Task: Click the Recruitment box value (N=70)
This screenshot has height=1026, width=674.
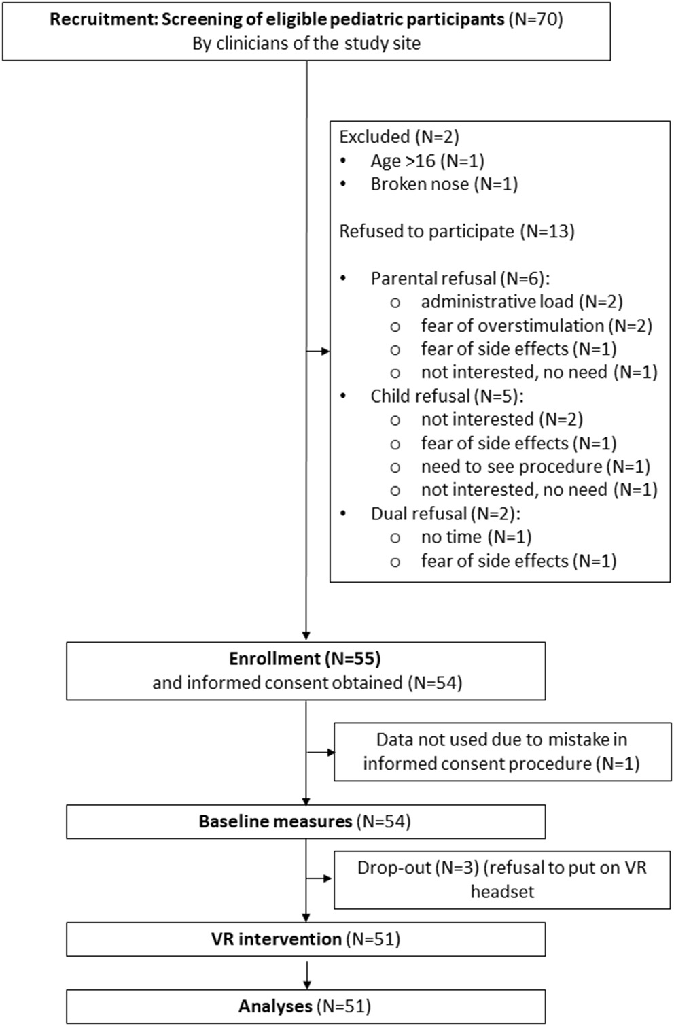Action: [536, 19]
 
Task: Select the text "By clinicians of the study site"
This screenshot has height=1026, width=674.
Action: [306, 44]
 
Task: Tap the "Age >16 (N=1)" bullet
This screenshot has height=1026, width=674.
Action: [427, 160]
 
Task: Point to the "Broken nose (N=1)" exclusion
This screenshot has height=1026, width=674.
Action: [444, 184]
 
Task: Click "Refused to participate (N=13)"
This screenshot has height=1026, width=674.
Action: [457, 231]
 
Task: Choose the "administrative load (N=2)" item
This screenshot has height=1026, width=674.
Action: [521, 301]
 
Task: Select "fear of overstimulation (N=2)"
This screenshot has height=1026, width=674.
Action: [536, 326]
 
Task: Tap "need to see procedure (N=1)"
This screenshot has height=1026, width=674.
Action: [535, 466]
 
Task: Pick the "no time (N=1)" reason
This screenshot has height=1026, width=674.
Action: [476, 537]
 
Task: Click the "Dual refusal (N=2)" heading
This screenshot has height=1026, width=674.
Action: [445, 513]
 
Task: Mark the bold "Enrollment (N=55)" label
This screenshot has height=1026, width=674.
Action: [304, 659]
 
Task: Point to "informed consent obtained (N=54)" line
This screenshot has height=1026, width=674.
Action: [307, 683]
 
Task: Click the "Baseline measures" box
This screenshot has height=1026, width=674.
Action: [305, 821]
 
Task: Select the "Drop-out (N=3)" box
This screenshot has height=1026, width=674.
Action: [501, 878]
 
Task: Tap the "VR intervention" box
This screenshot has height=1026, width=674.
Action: [305, 939]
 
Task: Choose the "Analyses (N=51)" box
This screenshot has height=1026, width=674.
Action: [305, 1006]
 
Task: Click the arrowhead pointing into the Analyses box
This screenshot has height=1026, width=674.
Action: [307, 984]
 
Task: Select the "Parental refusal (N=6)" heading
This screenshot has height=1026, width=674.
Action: [459, 278]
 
